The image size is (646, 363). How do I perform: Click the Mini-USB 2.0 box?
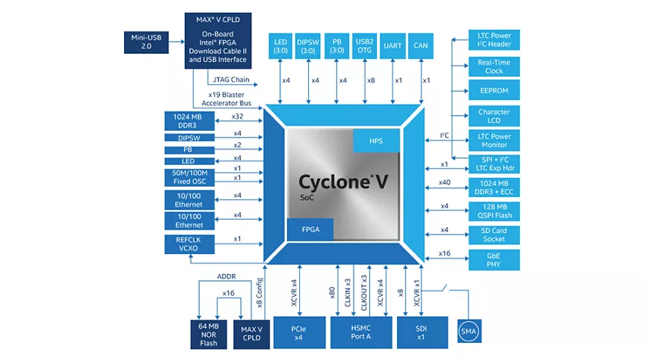pos(147,42)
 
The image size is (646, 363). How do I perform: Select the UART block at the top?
pos(393,46)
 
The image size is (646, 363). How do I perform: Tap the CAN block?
pos(421,46)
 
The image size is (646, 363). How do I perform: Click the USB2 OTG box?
pos(365,46)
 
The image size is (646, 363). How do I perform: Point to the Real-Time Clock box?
pos(494,66)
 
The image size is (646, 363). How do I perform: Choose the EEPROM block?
pos(494,90)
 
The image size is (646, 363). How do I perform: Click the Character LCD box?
pos(494,116)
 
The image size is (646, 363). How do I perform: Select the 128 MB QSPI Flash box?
pos(494,211)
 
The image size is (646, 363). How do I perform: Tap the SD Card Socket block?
pos(494,235)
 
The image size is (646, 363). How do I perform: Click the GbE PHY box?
pos(494,260)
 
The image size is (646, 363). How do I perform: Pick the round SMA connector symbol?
pos(469,332)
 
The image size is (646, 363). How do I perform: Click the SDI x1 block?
pos(422,332)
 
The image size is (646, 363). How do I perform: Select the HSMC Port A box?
pos(361,332)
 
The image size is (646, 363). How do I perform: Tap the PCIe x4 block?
pos(300,332)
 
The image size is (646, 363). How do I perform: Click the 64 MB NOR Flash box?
pos(209,335)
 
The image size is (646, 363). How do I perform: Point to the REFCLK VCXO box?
pos(189,244)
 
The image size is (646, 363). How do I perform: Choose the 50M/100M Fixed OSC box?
pos(189,177)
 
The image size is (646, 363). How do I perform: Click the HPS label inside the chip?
pos(376,140)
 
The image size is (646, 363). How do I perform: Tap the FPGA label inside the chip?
pos(310,229)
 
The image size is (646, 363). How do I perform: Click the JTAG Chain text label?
pos(231,79)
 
